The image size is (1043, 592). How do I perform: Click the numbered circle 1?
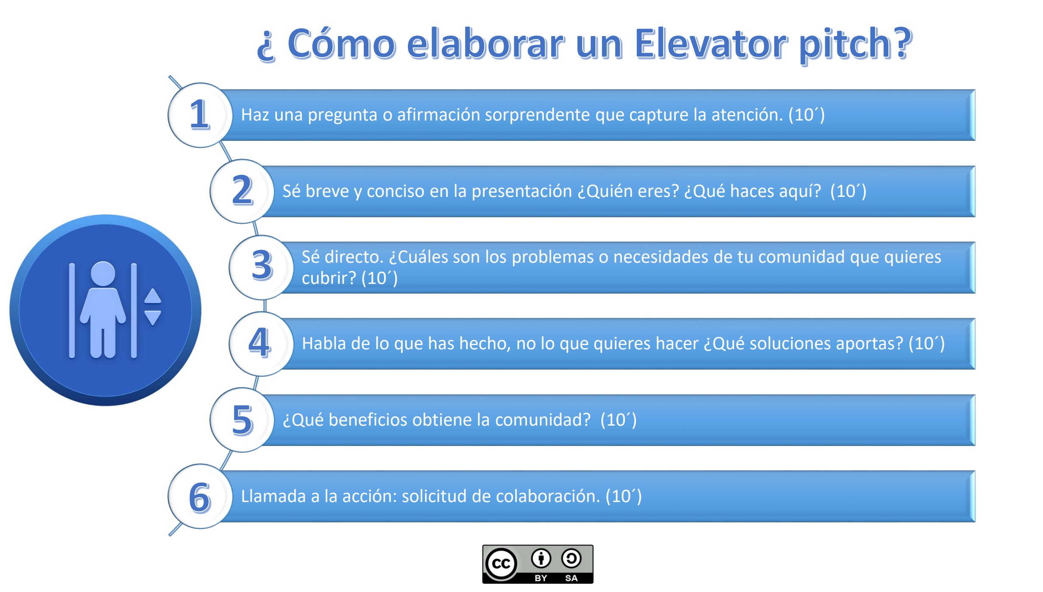(x=200, y=115)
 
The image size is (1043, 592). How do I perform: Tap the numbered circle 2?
(x=242, y=191)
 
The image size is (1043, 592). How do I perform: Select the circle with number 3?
(x=261, y=267)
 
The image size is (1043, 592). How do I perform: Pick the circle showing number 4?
(x=261, y=344)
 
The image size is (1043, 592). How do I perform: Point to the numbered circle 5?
(x=242, y=420)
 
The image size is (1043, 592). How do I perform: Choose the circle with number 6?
(x=200, y=496)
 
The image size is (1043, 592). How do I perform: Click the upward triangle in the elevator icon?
(x=153, y=296)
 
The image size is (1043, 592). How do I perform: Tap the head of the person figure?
(x=103, y=273)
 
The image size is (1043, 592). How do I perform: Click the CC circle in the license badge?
(x=501, y=564)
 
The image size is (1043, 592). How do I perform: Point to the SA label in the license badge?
(x=571, y=578)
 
